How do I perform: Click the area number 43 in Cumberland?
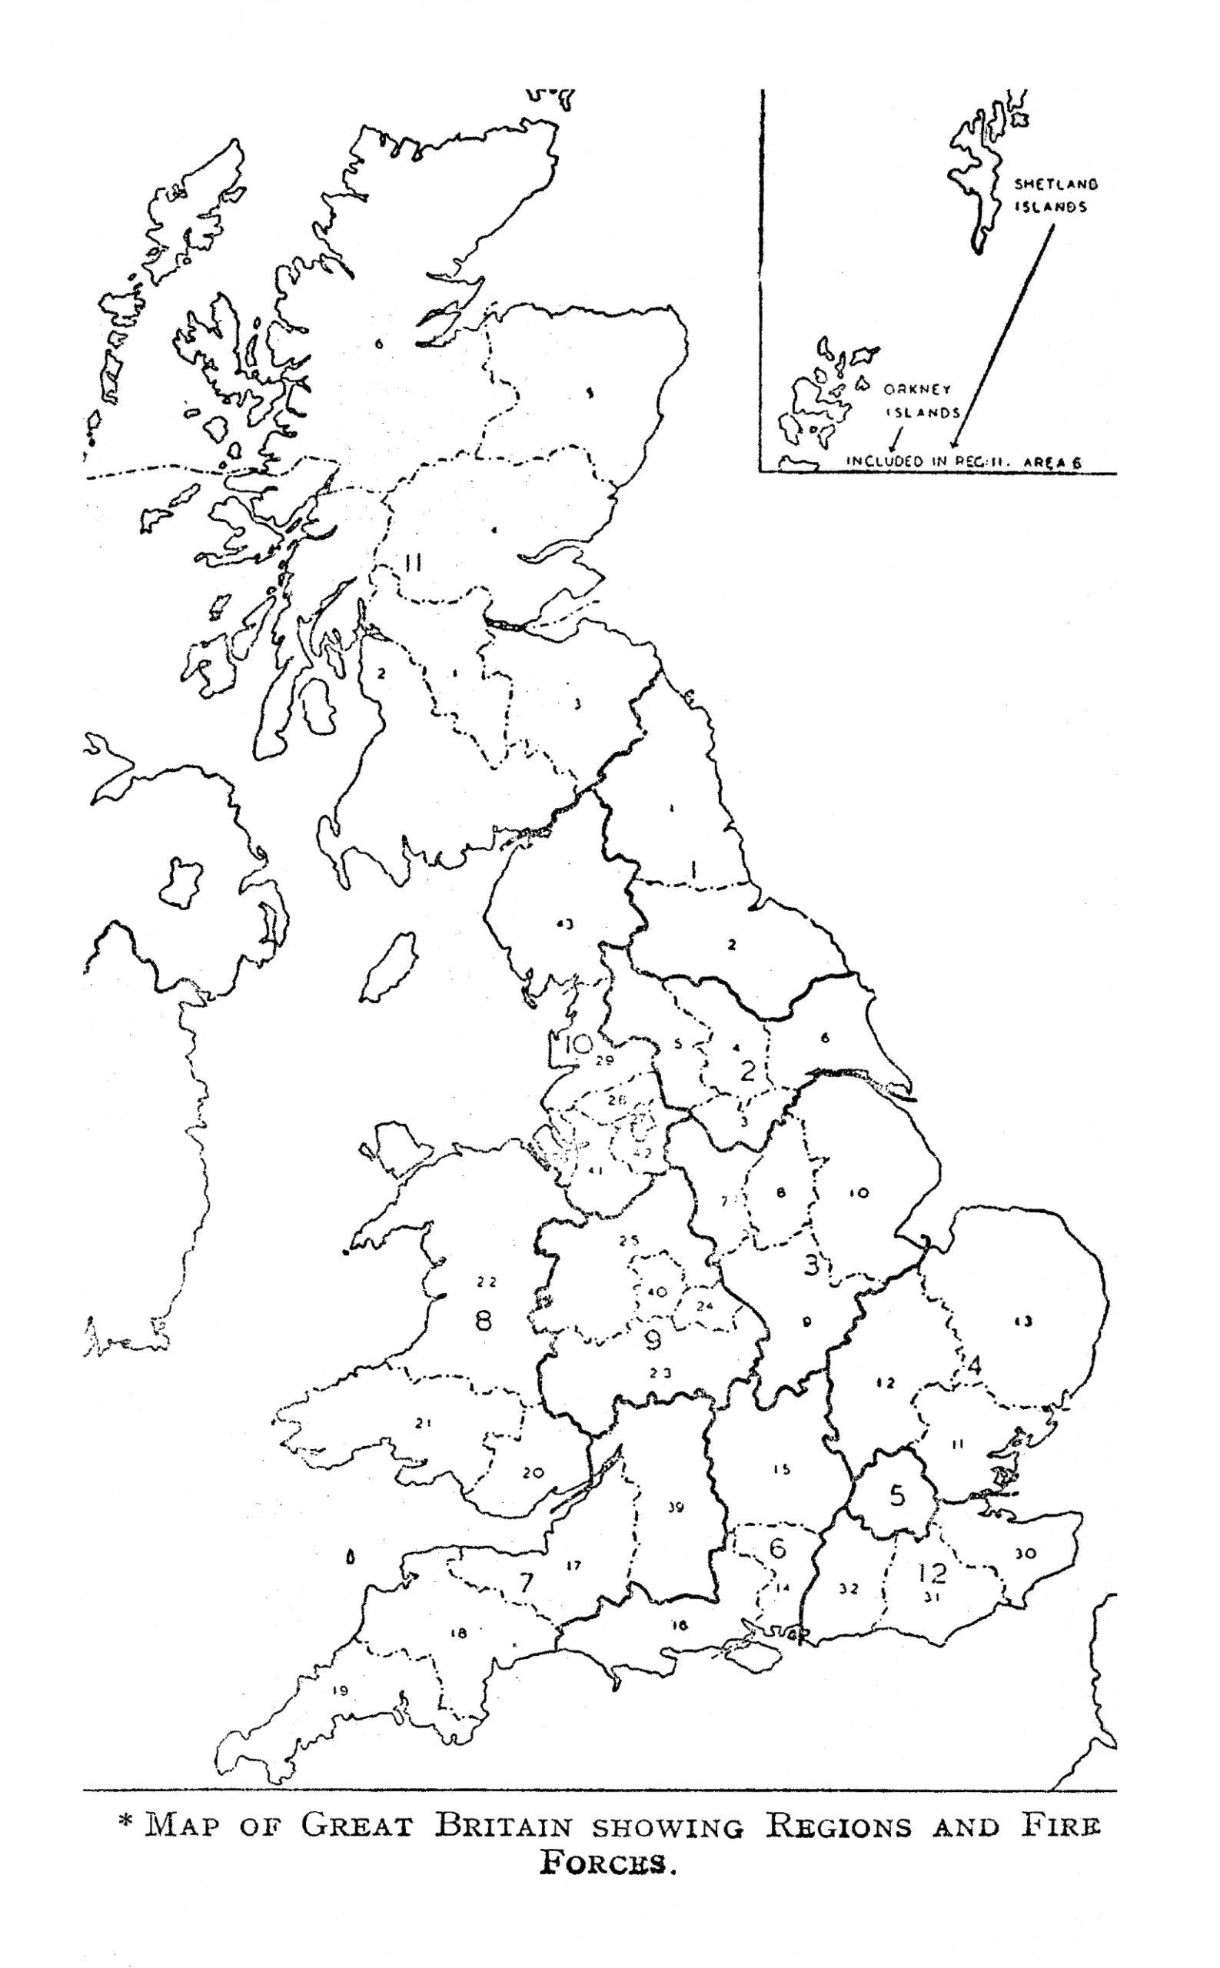coord(564,924)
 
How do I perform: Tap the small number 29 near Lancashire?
coord(604,1060)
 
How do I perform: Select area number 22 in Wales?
coord(486,1282)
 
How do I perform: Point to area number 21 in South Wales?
coord(423,1422)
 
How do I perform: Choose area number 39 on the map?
coord(676,1507)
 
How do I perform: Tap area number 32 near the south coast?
coord(848,1589)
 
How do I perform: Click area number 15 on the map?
coord(780,1469)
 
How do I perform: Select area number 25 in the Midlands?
coord(629,1241)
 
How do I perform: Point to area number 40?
coord(657,1291)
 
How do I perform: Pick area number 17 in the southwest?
coord(573,1566)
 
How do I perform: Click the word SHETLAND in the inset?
coord(1055,184)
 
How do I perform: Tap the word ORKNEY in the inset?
coord(916,390)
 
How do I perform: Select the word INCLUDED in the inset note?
coord(883,461)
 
